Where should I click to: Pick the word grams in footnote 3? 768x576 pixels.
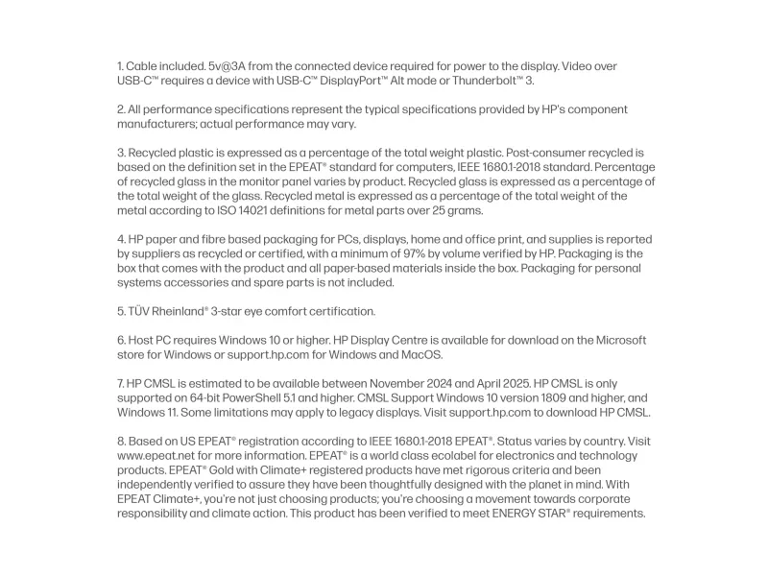(x=465, y=210)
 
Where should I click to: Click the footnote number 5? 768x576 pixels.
(x=121, y=311)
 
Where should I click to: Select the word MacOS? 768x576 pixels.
(x=421, y=354)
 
